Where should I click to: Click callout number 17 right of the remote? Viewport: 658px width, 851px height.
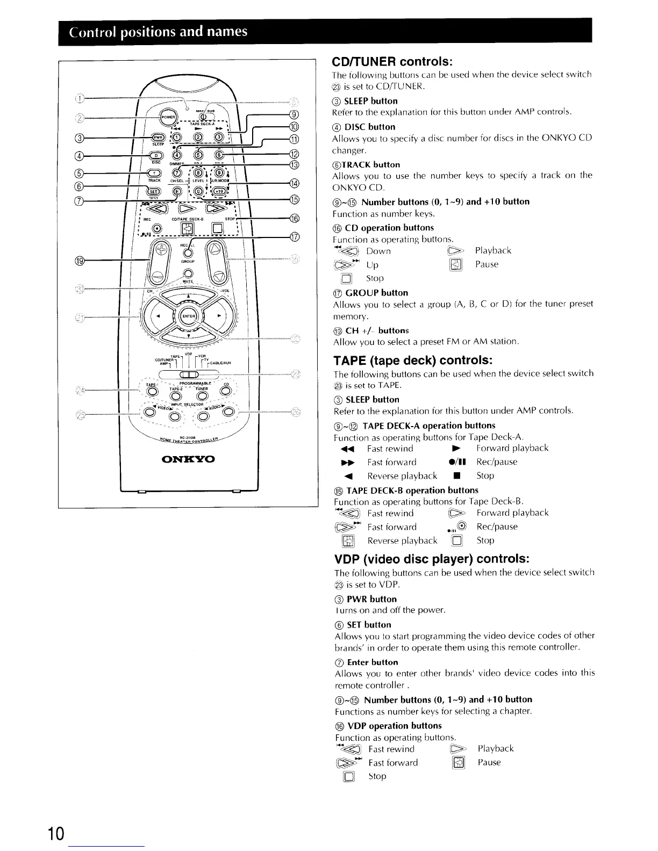[294, 237]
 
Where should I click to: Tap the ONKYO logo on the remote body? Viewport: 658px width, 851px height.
[189, 460]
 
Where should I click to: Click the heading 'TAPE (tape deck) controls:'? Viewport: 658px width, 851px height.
[413, 359]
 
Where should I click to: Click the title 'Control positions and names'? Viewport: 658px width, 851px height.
[159, 31]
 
